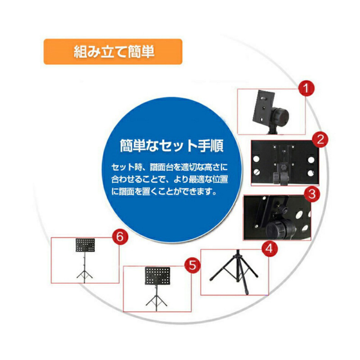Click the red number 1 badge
[x=307, y=90]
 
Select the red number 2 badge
[x=322, y=140]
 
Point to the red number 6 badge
[x=120, y=236]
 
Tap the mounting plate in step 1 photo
[x=265, y=105]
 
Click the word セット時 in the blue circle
[x=124, y=166]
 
